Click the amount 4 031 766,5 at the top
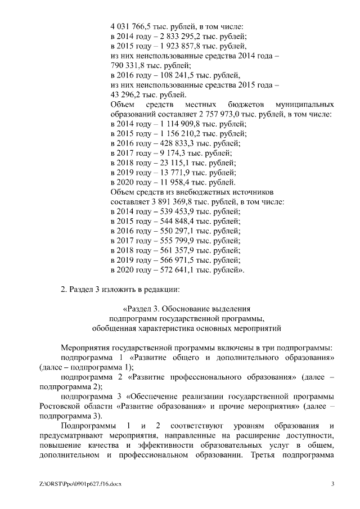[130, 26]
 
